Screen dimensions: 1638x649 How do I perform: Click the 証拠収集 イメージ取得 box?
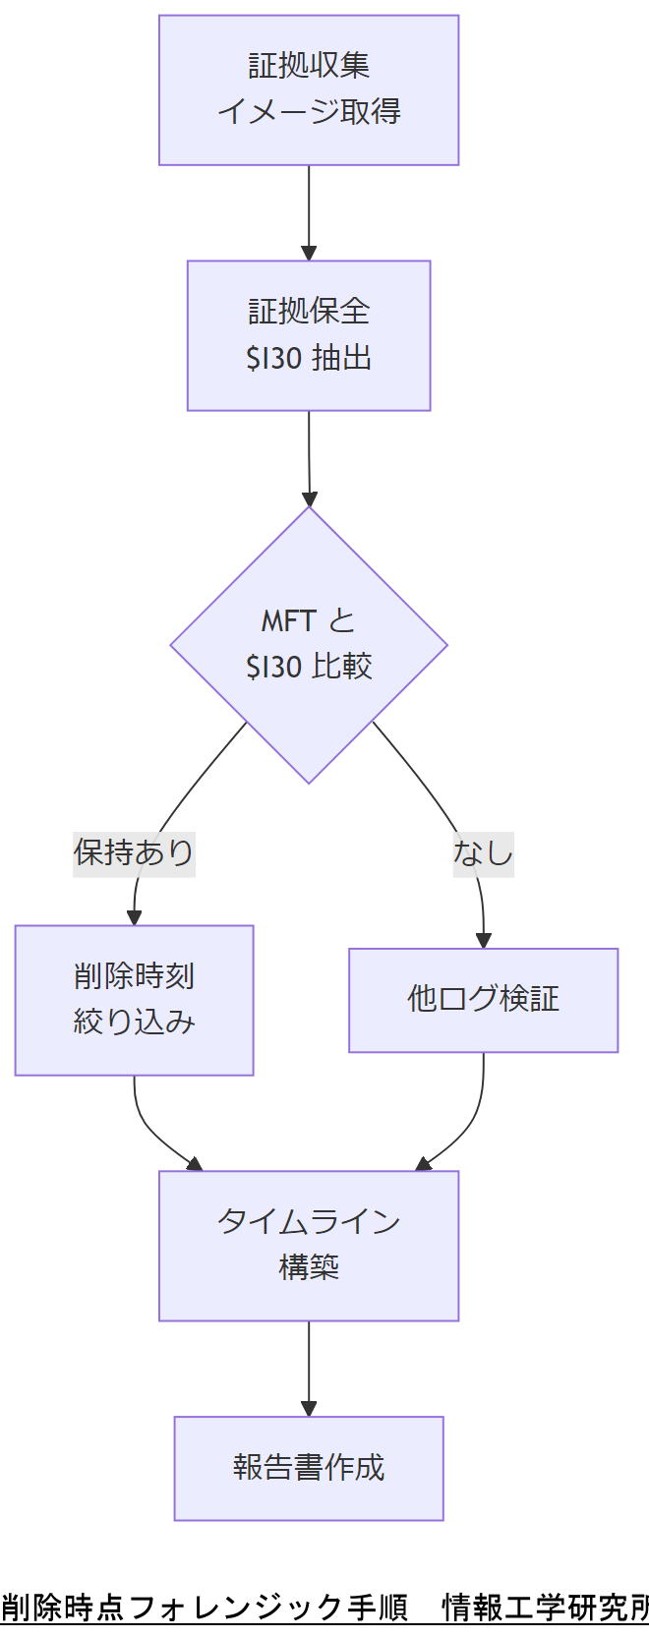[x=309, y=89]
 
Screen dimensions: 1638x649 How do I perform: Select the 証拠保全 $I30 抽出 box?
[x=309, y=335]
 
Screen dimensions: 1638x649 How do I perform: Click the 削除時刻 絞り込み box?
[x=134, y=1000]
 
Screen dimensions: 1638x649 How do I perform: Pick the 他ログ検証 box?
[x=483, y=1000]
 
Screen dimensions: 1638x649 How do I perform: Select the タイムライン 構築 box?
[x=309, y=1245]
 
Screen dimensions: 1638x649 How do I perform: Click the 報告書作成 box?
[x=309, y=1468]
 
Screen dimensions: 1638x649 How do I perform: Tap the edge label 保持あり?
[x=134, y=852]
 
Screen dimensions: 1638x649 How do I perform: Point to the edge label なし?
[x=483, y=852]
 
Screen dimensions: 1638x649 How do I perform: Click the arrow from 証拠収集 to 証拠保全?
[x=309, y=211]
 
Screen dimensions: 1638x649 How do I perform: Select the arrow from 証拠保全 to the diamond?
[x=309, y=457]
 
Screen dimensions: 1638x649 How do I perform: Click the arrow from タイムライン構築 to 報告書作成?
[x=309, y=1367]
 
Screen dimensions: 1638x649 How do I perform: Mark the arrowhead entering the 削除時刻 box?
[x=134, y=918]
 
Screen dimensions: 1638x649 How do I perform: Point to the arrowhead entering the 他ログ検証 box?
[x=483, y=941]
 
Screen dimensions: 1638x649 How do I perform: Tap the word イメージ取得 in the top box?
[x=309, y=112]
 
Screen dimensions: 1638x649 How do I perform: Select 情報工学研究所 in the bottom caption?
[x=546, y=1608]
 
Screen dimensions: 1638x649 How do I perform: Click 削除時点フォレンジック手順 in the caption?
[x=205, y=1608]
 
